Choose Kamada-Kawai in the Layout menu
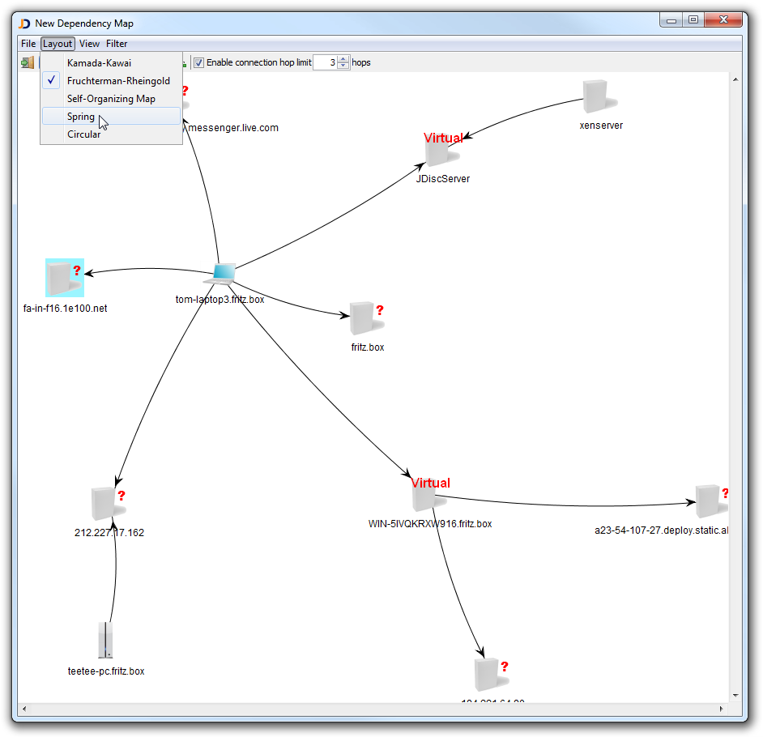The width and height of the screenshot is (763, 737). click(99, 62)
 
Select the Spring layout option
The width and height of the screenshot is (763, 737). click(81, 117)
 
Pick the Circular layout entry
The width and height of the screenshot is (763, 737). click(83, 134)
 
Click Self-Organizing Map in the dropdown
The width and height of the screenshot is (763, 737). click(111, 99)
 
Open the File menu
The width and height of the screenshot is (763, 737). click(28, 44)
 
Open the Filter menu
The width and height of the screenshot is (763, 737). click(117, 44)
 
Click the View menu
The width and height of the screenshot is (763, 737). click(89, 44)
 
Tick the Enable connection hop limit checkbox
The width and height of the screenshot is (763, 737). click(198, 62)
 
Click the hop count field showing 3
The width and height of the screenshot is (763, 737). click(324, 62)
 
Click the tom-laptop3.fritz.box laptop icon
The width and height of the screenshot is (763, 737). click(220, 274)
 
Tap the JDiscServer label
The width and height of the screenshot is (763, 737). click(443, 179)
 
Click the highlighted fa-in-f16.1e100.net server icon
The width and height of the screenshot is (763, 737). click(63, 279)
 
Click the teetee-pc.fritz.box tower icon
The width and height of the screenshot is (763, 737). click(105, 641)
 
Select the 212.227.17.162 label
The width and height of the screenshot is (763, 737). click(109, 533)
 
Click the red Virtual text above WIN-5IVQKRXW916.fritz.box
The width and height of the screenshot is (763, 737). click(430, 483)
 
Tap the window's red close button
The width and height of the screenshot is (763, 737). click(724, 20)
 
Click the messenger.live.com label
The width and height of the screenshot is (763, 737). click(233, 128)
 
